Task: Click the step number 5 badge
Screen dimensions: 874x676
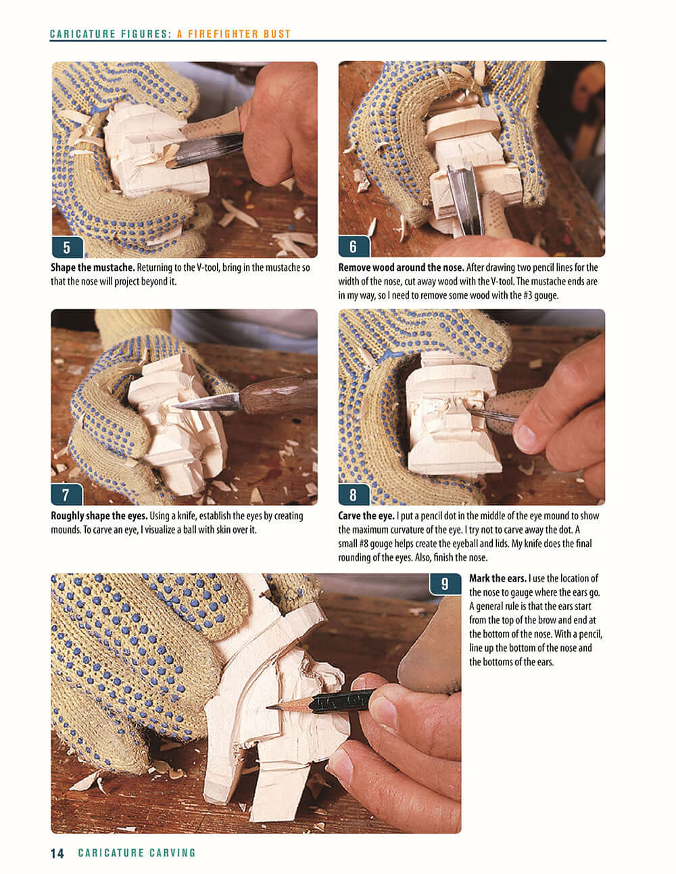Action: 66,247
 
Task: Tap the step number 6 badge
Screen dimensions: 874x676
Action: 353,247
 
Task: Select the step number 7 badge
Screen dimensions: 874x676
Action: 66,494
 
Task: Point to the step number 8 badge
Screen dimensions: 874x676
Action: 353,494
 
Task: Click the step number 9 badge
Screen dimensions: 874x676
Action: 444,584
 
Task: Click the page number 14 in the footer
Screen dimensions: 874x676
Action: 57,853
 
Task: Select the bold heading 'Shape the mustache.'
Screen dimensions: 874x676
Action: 92,268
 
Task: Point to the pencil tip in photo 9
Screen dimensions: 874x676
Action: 270,707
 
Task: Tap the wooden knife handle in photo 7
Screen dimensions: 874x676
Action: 277,395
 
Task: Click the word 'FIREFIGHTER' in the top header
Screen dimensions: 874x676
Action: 223,34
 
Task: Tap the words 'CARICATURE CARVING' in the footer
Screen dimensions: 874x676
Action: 137,853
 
